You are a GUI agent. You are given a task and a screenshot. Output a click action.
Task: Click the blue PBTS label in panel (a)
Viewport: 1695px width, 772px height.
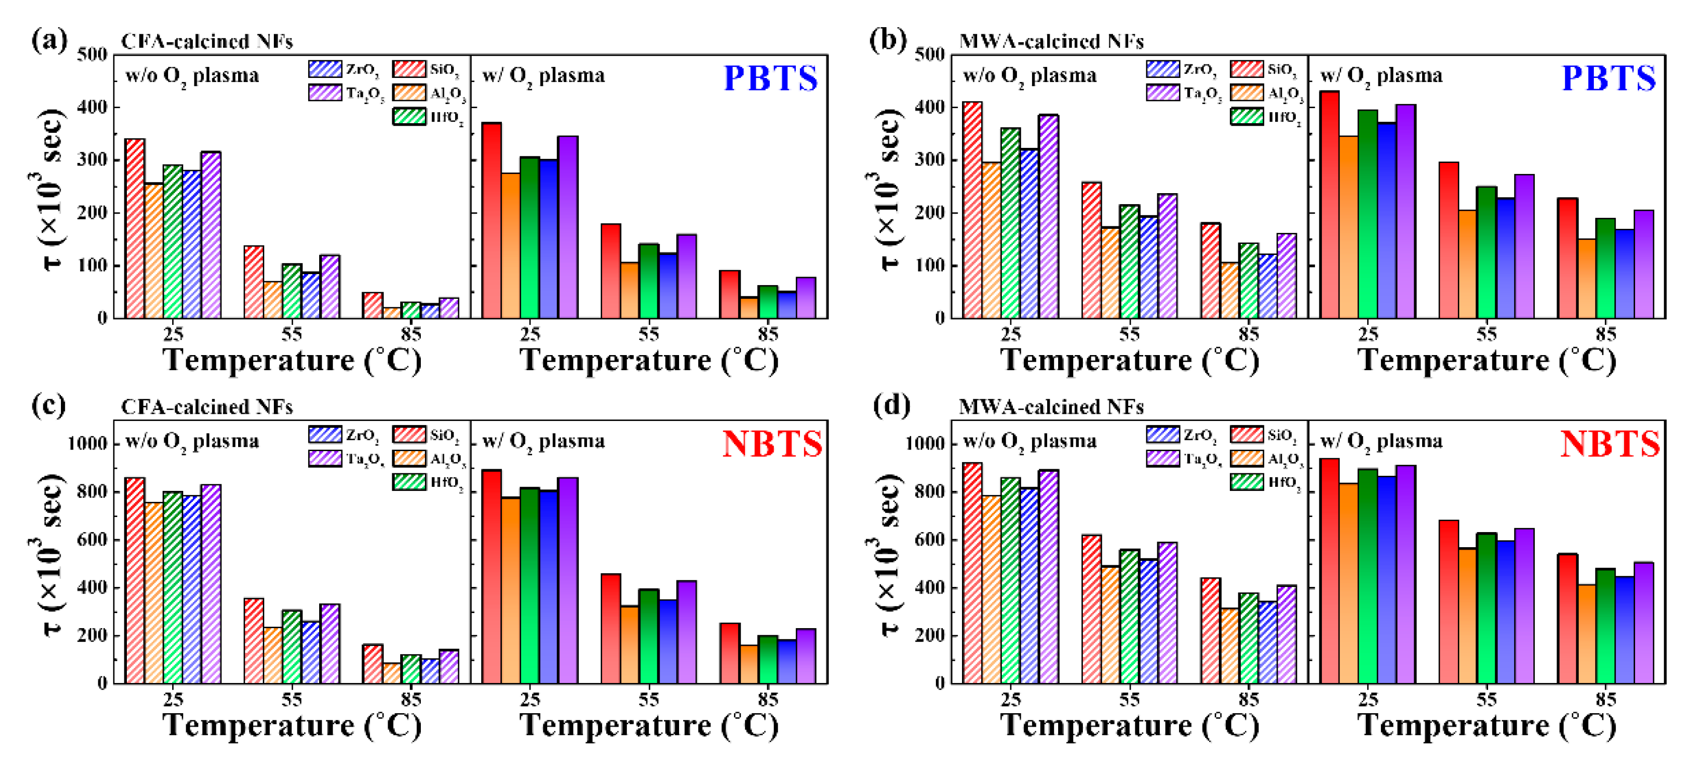[x=771, y=78]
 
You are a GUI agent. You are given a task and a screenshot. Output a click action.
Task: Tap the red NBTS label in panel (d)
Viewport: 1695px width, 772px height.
[x=1609, y=444]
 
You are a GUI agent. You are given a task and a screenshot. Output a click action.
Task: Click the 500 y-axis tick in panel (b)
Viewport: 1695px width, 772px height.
[x=930, y=55]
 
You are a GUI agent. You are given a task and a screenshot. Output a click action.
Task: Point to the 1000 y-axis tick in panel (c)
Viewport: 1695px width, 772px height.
[x=88, y=444]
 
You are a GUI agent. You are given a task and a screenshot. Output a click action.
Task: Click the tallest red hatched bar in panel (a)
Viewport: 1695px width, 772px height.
[x=135, y=228]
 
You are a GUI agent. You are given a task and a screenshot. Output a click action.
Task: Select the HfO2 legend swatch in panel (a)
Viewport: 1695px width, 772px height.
[x=409, y=117]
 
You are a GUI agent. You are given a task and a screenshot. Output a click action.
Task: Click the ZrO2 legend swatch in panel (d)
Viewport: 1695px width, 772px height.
[x=1162, y=435]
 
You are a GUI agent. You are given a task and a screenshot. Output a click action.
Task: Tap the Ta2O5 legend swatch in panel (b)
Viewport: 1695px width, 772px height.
[x=1162, y=93]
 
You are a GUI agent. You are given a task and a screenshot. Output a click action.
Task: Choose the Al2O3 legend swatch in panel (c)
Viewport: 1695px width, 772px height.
[x=409, y=458]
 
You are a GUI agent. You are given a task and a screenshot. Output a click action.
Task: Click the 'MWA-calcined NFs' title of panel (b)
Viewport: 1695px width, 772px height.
[x=1051, y=41]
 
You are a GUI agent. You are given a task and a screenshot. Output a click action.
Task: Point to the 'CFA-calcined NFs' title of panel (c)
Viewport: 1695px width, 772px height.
[x=206, y=407]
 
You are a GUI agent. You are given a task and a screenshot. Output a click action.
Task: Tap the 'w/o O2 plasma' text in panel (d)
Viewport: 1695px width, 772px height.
[x=1029, y=441]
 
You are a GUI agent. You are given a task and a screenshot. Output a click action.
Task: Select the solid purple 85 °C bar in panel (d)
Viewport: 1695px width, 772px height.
[x=1643, y=623]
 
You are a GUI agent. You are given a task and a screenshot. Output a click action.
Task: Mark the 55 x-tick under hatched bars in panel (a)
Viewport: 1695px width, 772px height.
[x=291, y=334]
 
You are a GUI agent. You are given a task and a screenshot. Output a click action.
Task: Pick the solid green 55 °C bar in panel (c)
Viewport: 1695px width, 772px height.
[x=648, y=636]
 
